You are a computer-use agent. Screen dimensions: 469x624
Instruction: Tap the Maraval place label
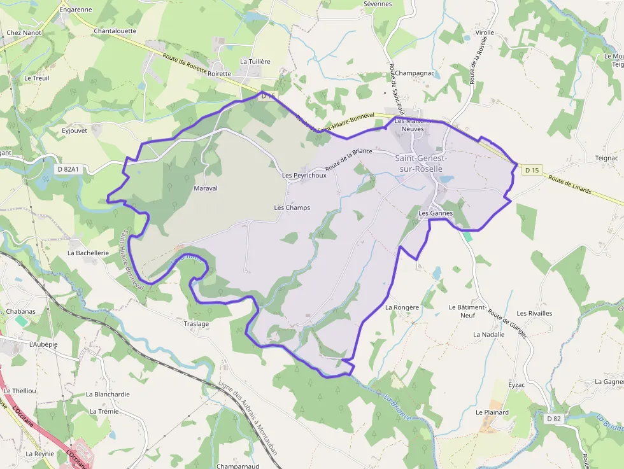206,188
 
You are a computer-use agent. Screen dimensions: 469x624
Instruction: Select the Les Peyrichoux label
304,176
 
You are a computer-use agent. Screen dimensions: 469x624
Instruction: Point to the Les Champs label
292,207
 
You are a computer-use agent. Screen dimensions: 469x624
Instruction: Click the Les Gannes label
436,213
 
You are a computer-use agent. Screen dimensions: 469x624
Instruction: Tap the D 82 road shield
553,418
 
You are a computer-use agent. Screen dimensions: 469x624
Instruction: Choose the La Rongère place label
402,307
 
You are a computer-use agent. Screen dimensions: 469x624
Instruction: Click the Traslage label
196,324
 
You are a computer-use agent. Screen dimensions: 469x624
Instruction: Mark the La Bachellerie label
89,253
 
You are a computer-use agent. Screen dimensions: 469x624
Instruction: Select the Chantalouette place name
115,31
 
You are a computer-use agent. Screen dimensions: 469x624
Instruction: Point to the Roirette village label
219,74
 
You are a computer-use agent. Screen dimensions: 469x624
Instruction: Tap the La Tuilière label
255,61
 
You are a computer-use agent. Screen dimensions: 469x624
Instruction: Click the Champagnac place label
415,73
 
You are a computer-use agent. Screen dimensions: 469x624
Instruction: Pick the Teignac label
606,158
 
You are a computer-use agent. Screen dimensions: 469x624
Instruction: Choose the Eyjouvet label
74,131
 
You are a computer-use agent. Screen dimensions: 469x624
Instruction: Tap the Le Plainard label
492,412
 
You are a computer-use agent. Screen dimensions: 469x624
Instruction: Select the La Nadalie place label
488,334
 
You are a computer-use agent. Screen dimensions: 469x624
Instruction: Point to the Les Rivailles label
534,313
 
